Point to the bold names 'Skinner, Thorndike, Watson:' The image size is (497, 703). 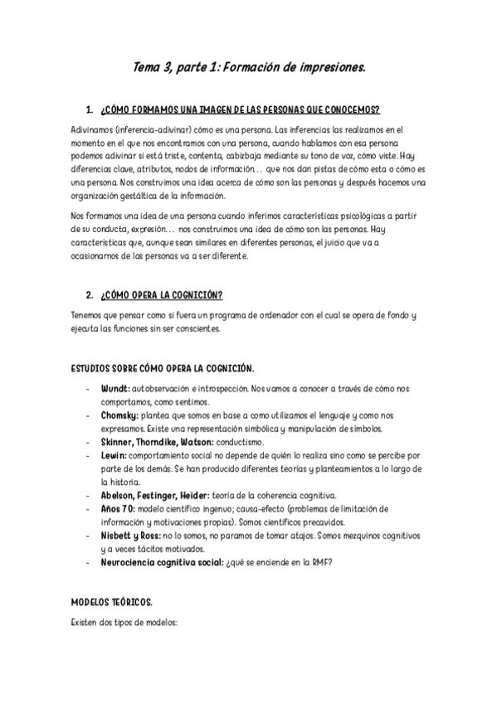pyautogui.click(x=157, y=442)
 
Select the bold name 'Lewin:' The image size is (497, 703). pyautogui.click(x=114, y=455)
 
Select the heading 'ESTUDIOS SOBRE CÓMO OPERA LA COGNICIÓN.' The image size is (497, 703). pyautogui.click(x=163, y=367)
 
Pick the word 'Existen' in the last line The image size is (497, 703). pyautogui.click(x=85, y=619)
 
